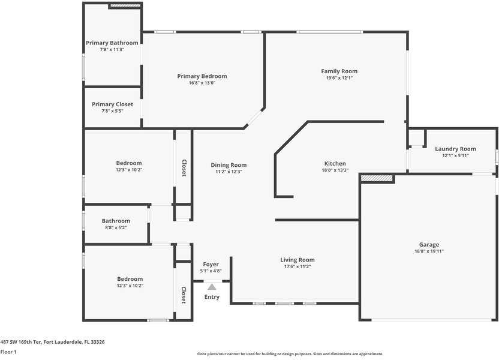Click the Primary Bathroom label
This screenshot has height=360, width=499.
click(112, 43)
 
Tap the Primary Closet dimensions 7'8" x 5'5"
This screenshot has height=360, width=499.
click(112, 111)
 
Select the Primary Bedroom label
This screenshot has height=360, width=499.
click(202, 76)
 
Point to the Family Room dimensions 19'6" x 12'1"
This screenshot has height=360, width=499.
click(339, 78)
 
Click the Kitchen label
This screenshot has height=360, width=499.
click(335, 164)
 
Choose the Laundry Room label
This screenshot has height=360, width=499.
click(455, 149)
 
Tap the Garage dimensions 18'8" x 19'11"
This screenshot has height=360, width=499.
click(429, 251)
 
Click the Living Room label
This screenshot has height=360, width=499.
click(297, 260)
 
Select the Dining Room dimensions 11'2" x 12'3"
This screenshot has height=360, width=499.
click(229, 172)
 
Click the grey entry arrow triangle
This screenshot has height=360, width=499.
click(212, 287)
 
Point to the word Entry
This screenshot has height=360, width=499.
click(212, 297)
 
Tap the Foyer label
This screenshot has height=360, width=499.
click(211, 265)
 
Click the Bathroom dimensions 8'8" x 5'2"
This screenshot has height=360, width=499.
click(116, 227)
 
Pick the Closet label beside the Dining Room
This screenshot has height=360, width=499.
click(184, 168)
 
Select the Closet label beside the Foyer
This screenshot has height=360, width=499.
click(184, 295)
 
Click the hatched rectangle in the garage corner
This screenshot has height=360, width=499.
click(377, 178)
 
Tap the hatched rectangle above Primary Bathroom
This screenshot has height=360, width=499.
click(125, 5)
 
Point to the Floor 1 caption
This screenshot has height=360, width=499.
click(8, 352)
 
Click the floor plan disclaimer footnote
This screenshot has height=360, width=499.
click(290, 354)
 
